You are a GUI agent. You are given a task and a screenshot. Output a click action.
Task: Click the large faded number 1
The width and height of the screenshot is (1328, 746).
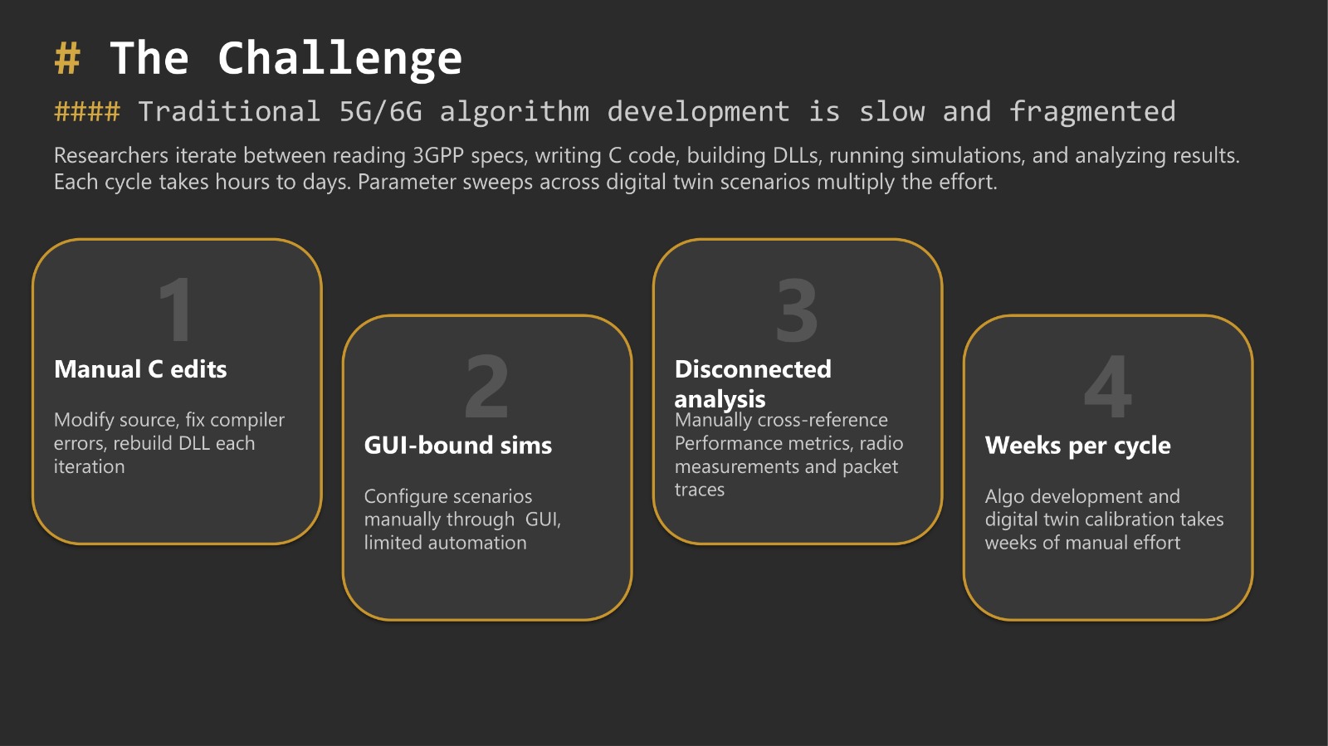coord(175,310)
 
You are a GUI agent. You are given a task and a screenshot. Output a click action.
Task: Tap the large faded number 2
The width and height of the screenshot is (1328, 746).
coord(486,386)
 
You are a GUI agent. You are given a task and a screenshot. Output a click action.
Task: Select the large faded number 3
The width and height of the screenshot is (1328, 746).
coord(797,310)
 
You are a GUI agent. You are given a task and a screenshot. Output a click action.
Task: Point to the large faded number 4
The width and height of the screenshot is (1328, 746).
coord(1108,386)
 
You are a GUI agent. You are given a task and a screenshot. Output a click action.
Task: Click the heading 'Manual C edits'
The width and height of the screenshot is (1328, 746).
coord(140,369)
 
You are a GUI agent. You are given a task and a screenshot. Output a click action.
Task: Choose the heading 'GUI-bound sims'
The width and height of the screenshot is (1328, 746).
coord(458,446)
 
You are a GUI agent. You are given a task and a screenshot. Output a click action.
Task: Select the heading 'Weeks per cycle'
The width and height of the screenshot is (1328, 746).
coord(1077,446)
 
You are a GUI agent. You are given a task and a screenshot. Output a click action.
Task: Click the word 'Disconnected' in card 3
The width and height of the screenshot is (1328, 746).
coord(753,369)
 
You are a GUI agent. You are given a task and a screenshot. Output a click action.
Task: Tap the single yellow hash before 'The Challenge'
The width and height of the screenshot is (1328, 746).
coord(67,59)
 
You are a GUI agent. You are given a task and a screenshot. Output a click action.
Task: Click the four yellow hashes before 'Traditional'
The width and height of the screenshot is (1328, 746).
coord(87,111)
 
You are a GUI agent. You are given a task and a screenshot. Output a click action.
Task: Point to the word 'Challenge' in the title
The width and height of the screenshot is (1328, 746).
coord(339,59)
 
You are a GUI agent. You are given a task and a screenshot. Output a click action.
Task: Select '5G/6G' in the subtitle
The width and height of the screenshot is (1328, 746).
coord(380,111)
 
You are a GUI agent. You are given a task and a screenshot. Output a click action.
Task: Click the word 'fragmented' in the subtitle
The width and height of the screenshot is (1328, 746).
coord(1092,111)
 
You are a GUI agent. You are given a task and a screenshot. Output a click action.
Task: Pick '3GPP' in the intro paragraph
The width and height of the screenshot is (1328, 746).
coord(438,156)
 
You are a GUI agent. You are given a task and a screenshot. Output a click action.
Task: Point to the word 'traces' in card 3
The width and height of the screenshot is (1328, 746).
coord(700,490)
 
